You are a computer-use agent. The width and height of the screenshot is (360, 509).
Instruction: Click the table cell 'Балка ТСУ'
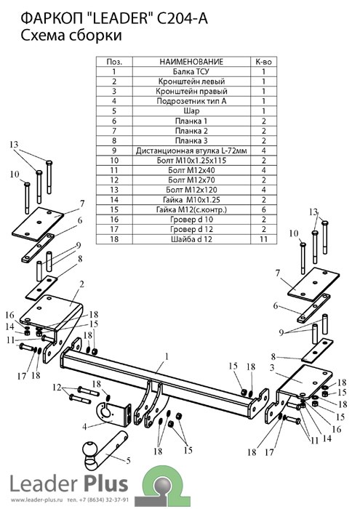(x=191, y=71)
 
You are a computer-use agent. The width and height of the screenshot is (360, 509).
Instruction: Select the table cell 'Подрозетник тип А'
(x=191, y=101)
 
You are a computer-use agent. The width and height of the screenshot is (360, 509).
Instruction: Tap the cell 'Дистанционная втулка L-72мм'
(x=191, y=151)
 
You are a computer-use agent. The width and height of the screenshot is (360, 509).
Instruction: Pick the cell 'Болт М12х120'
(x=191, y=190)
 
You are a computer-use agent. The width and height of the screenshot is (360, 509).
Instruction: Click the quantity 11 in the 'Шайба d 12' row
(x=263, y=239)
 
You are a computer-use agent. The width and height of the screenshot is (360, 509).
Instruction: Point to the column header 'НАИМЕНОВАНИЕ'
(x=191, y=62)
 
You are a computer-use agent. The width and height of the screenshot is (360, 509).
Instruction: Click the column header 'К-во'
(x=263, y=62)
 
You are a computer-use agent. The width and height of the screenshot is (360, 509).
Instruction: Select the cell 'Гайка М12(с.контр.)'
(x=191, y=209)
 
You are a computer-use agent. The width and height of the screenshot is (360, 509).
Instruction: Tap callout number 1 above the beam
(x=167, y=357)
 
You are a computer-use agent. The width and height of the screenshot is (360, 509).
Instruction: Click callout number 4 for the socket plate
(x=84, y=427)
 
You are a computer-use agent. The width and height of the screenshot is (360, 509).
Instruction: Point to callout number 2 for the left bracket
(x=81, y=284)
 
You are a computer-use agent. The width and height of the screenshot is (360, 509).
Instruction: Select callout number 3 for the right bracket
(x=272, y=368)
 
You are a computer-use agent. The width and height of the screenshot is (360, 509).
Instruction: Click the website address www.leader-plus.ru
(x=36, y=500)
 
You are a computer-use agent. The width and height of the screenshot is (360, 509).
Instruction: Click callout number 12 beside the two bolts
(x=57, y=388)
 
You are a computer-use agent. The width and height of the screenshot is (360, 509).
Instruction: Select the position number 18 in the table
(x=114, y=239)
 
